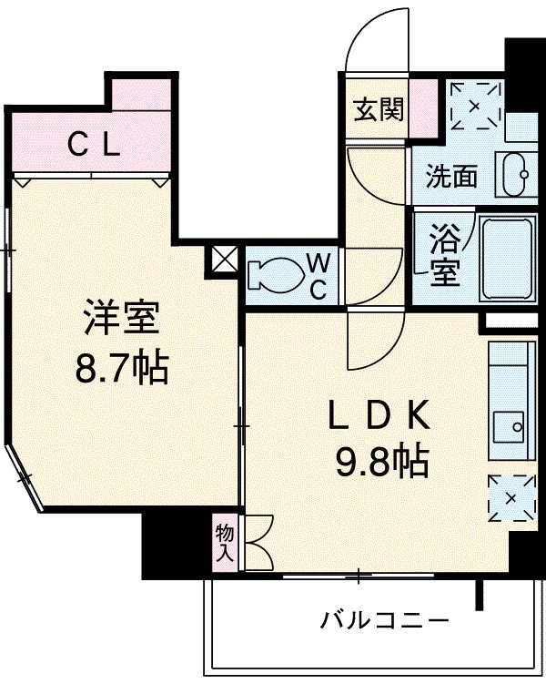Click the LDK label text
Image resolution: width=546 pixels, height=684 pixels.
(378, 415)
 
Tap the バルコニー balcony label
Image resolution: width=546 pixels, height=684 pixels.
(384, 622)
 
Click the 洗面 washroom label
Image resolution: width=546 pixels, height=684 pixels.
(452, 176)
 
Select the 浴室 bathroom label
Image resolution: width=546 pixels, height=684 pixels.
(445, 256)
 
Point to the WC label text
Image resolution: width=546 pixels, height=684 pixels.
(318, 275)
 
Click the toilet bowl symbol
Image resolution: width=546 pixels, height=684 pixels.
(274, 275)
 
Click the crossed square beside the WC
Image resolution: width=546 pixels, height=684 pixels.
(223, 260)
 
